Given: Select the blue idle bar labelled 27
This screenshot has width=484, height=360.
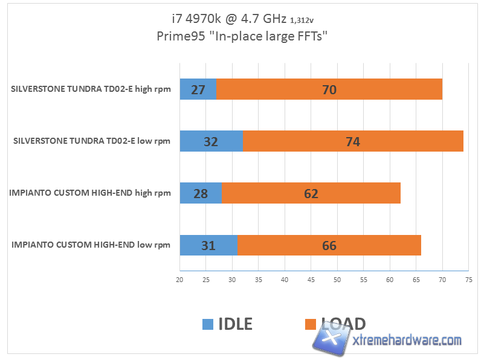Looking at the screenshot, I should [x=198, y=90].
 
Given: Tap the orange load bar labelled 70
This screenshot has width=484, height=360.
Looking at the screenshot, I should [x=329, y=90].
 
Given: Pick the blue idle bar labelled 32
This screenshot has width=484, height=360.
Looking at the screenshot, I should [x=211, y=142].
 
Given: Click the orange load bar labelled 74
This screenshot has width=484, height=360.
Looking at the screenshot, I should [x=353, y=142].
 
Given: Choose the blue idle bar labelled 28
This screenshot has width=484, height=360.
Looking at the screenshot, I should [x=201, y=194].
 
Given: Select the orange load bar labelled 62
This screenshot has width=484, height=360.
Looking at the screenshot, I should [x=311, y=194].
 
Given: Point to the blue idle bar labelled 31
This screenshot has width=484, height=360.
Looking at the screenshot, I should [x=208, y=245].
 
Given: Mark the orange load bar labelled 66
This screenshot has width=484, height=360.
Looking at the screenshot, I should [x=329, y=245].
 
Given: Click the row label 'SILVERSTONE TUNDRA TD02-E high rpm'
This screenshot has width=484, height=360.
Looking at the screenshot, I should [x=91, y=89].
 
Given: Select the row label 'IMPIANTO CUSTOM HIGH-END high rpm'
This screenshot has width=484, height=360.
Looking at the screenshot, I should [x=90, y=193].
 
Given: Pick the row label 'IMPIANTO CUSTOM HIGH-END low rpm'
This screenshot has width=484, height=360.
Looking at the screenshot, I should [x=91, y=245].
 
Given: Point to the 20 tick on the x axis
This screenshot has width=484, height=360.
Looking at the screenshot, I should [x=179, y=280].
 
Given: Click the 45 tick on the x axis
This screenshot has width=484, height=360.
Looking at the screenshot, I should [x=311, y=280].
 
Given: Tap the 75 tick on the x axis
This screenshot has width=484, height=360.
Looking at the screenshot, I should [x=468, y=280].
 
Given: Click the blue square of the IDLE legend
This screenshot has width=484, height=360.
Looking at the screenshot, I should [x=208, y=324].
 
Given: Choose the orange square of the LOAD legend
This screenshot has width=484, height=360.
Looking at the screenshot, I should [x=312, y=324].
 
